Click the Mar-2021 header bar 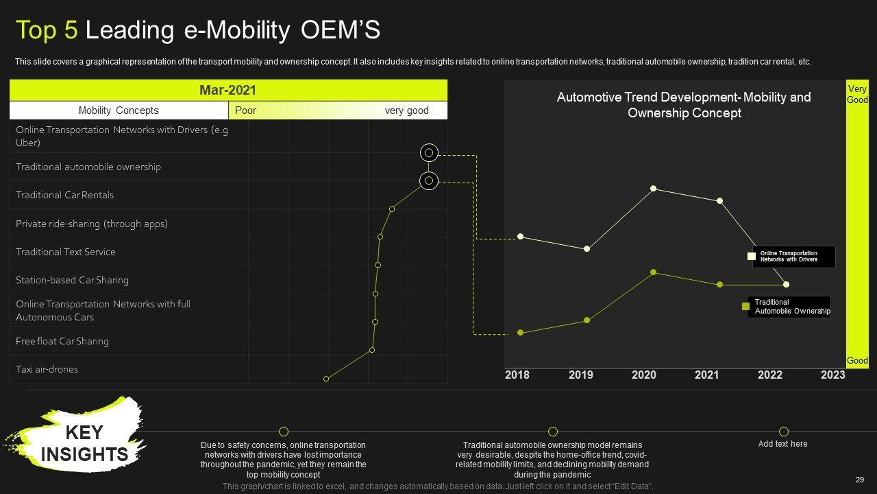click(228, 91)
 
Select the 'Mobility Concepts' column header click(119, 110)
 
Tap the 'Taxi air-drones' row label click(47, 369)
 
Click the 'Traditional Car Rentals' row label click(65, 195)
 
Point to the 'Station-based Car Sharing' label click(73, 280)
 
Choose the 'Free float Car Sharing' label click(62, 341)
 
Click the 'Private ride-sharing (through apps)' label click(92, 224)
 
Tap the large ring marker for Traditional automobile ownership click(429, 181)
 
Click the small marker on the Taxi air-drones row click(326, 379)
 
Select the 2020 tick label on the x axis click(644, 375)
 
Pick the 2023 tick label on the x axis click(833, 375)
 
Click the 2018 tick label click(517, 375)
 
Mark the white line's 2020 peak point click(653, 188)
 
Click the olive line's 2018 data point click(521, 333)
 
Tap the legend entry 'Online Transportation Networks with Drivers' click(793, 257)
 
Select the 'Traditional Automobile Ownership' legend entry click(791, 307)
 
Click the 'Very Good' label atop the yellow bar click(857, 95)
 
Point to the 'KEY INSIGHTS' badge click(84, 443)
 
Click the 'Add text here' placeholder click(783, 444)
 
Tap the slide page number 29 click(860, 480)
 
